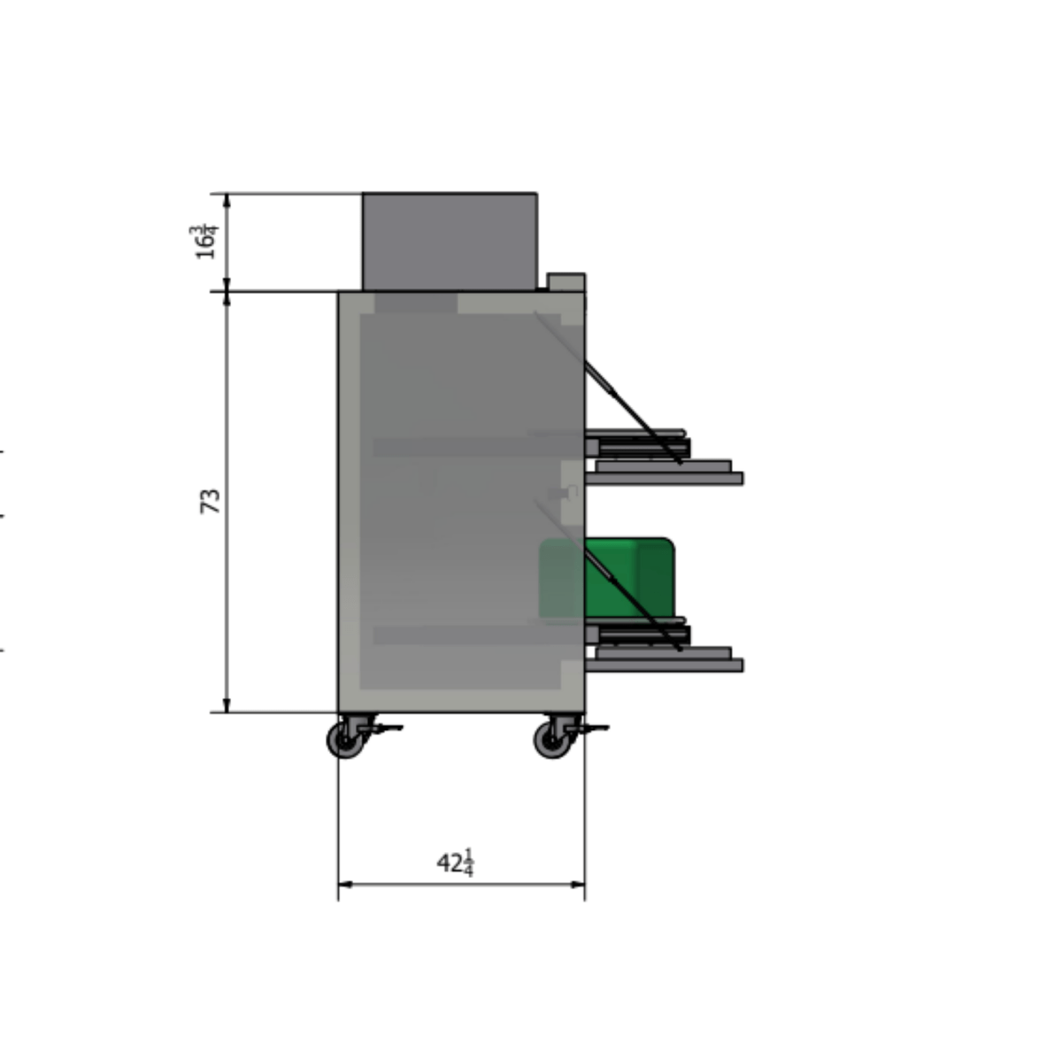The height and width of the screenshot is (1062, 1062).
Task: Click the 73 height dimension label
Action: coord(210,501)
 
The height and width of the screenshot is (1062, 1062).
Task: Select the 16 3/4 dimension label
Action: coord(204,242)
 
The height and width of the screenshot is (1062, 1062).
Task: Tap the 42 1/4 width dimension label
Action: coord(456,863)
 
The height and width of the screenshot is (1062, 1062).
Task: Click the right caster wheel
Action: coord(552,740)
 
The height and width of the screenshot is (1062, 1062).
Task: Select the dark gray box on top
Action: coord(449,241)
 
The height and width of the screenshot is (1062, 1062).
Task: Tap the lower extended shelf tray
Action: coord(664,665)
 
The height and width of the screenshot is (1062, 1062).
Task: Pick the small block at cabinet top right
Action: coord(566,282)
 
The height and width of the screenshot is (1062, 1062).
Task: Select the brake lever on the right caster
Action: coord(592,728)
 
